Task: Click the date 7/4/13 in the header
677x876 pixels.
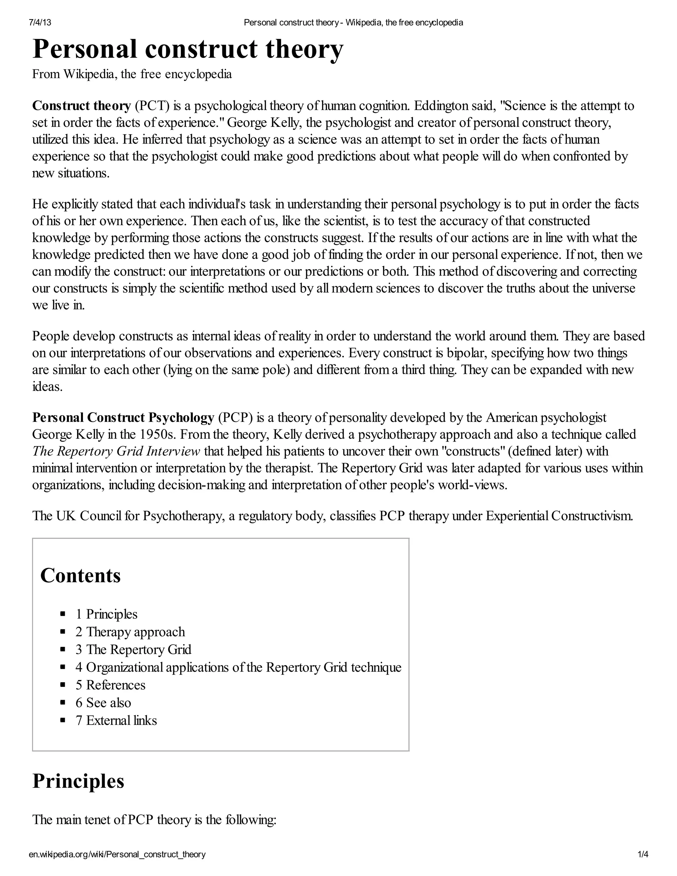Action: click(40, 22)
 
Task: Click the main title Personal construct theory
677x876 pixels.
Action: click(188, 49)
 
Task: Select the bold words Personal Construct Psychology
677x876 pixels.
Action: click(123, 418)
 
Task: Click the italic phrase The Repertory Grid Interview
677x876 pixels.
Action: click(116, 451)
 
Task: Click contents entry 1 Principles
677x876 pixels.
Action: click(106, 614)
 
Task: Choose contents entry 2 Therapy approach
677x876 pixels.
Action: click(130, 632)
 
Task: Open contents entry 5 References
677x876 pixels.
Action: click(110, 685)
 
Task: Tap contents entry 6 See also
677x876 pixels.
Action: click(103, 702)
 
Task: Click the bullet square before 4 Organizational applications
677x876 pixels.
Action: click(62, 667)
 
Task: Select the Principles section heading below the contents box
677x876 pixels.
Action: click(78, 781)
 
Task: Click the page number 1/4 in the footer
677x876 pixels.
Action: click(643, 862)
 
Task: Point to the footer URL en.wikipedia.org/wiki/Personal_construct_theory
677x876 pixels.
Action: click(117, 862)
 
